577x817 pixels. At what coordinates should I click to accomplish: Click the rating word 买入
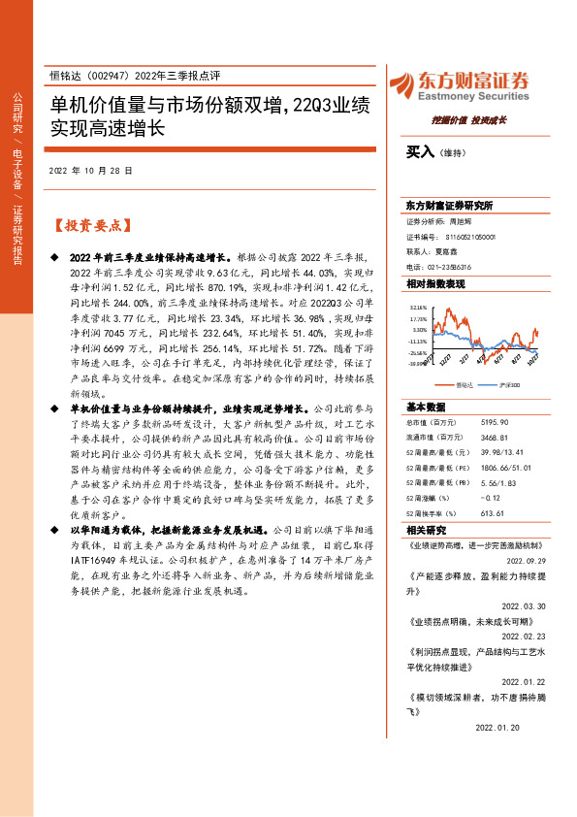pos(421,151)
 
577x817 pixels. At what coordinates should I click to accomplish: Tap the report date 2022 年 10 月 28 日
pos(90,170)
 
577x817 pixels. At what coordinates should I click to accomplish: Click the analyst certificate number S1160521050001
pos(470,236)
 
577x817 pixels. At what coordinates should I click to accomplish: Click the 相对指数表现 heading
pos(435,283)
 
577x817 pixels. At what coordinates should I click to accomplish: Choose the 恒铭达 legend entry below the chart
pos(464,385)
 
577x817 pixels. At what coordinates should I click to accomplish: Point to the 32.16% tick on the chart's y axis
pos(418,306)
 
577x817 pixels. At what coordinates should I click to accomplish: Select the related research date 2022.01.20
pos(497,726)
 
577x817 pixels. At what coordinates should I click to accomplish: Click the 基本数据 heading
pos(425,407)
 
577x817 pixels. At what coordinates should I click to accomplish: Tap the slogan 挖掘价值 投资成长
pos(469,120)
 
